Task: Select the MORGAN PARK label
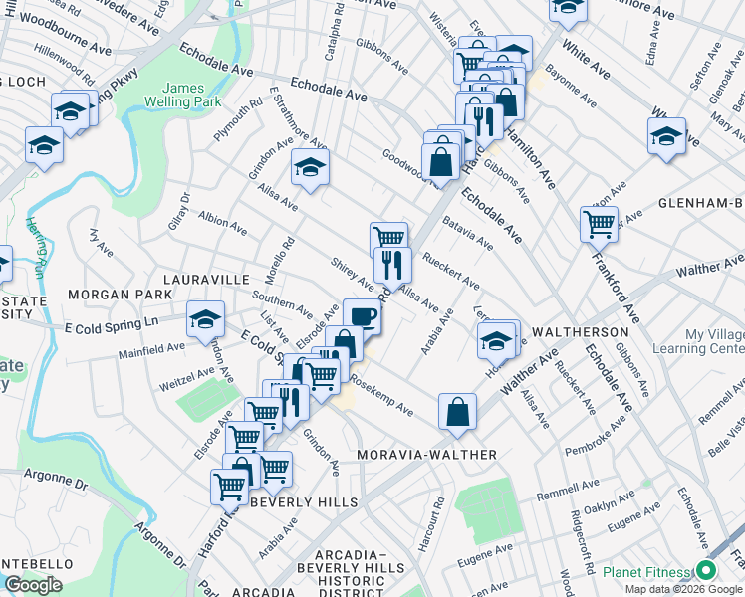(107, 296)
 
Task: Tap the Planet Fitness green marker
(707, 571)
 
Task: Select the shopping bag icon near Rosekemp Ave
(457, 412)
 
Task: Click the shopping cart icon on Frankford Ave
(599, 224)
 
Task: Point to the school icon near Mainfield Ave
(205, 318)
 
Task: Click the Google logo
(33, 585)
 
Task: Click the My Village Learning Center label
(698, 342)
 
